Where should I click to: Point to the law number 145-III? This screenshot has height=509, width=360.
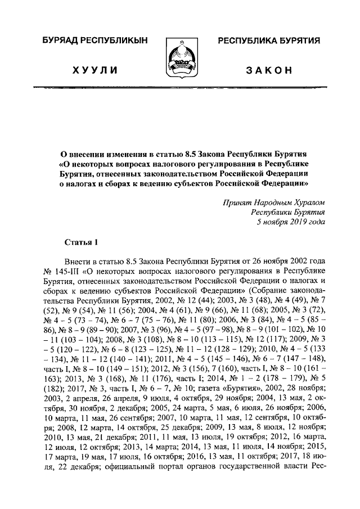pyautogui.click(x=71, y=272)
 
